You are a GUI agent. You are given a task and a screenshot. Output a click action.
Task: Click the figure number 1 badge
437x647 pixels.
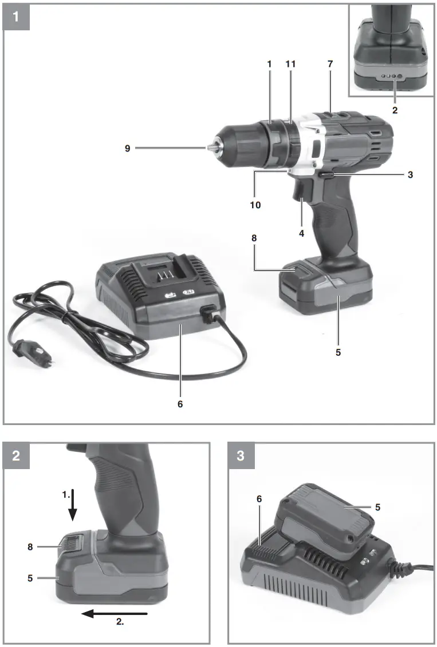pyautogui.click(x=16, y=16)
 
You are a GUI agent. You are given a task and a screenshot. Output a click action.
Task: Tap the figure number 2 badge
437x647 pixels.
pyautogui.click(x=16, y=455)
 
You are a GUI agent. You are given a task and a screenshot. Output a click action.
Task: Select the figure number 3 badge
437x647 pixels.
pyautogui.click(x=241, y=455)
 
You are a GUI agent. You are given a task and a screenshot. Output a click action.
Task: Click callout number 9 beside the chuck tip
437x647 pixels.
pyautogui.click(x=128, y=149)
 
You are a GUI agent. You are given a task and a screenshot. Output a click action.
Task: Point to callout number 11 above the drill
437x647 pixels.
pyautogui.click(x=290, y=64)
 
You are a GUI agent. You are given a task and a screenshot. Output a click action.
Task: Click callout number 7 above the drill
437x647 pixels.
pyautogui.click(x=330, y=64)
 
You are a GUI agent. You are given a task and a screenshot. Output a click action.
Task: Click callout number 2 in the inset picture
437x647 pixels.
pyautogui.click(x=395, y=110)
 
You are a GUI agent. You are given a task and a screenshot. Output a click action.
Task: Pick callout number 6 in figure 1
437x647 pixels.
pyautogui.click(x=180, y=404)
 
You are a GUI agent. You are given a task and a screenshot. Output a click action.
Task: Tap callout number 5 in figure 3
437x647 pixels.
pyautogui.click(x=377, y=507)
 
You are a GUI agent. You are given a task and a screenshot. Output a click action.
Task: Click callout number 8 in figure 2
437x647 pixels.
pyautogui.click(x=30, y=546)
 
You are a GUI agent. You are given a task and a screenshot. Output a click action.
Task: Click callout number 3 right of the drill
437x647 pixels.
pyautogui.click(x=410, y=174)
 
